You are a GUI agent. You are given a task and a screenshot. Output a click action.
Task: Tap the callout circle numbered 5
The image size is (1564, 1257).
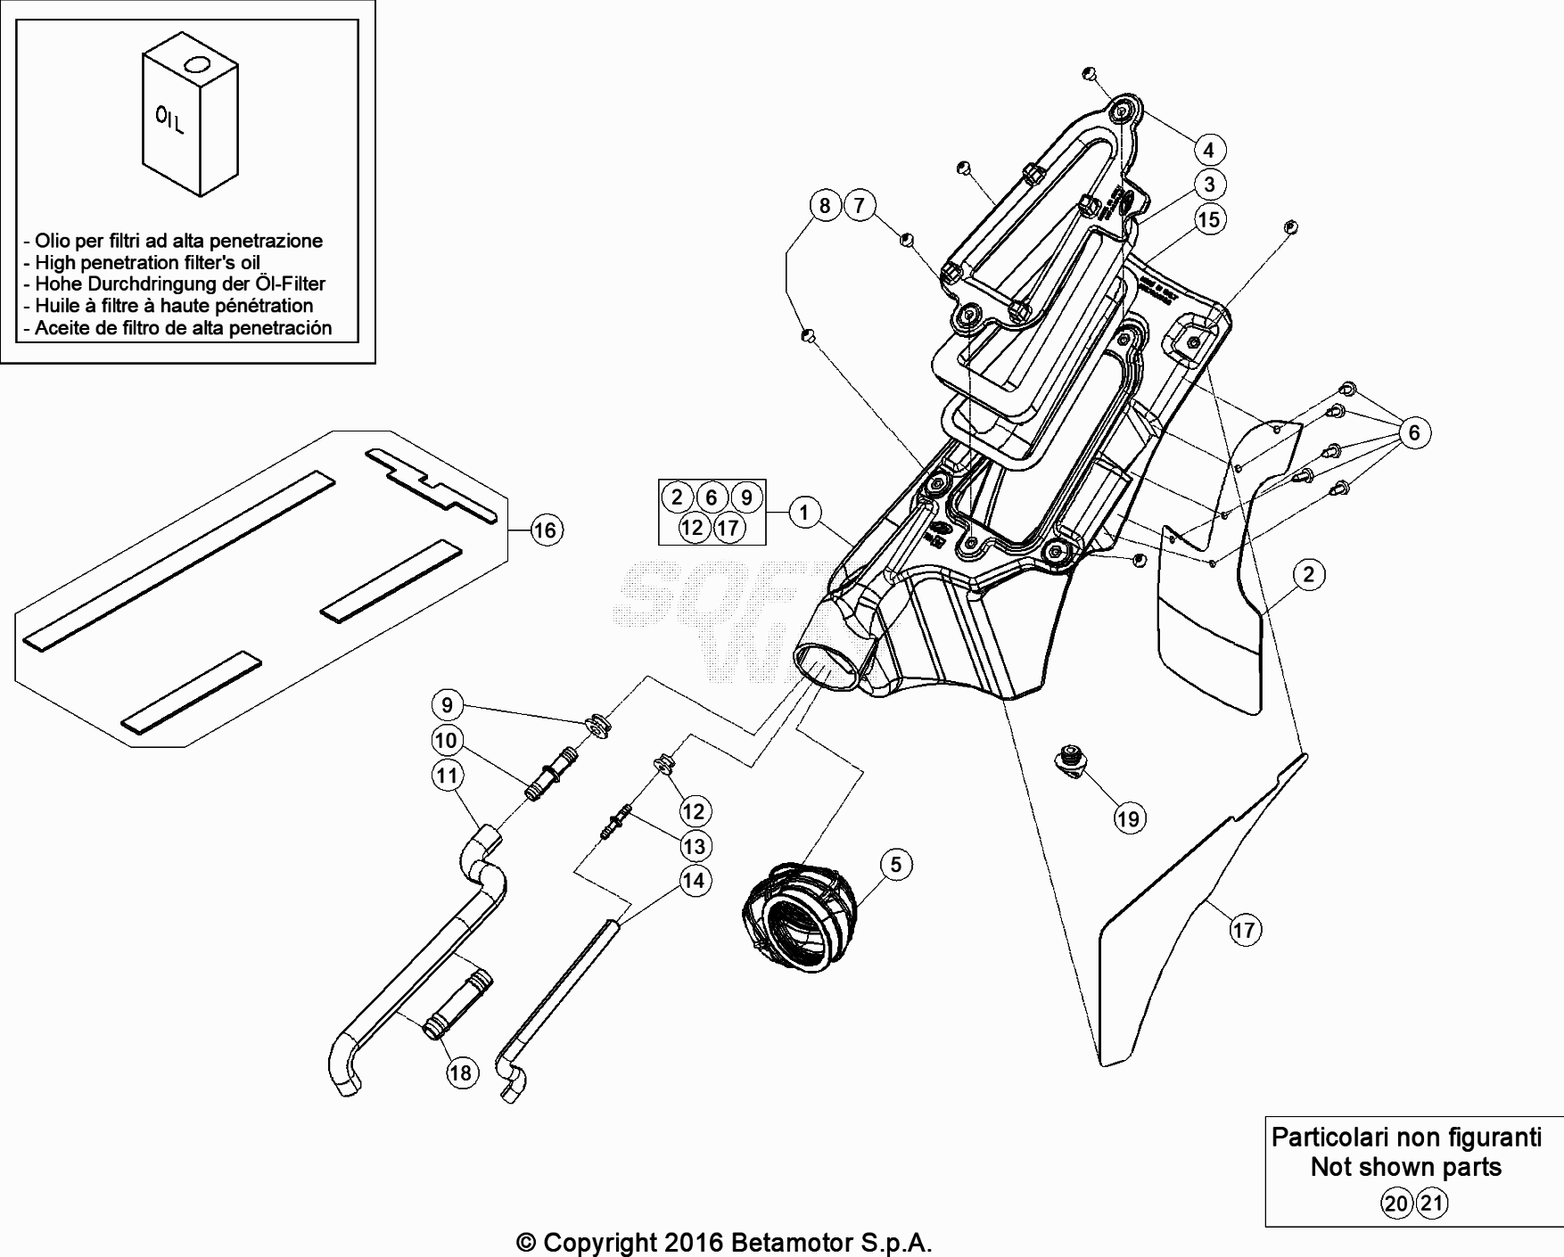(x=896, y=864)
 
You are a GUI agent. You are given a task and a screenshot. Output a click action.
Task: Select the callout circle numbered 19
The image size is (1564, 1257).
(x=1129, y=818)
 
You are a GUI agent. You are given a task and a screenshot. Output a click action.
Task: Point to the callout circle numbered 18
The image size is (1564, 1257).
(x=460, y=1072)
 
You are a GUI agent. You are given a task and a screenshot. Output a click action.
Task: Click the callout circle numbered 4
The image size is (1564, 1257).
(x=1209, y=150)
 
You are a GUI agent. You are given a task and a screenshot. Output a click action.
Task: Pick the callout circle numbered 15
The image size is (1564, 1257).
(x=1209, y=219)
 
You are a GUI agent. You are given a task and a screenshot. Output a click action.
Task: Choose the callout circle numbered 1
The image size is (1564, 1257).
(x=804, y=513)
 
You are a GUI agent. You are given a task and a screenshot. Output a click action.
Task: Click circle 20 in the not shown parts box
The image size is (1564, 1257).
(x=1396, y=1204)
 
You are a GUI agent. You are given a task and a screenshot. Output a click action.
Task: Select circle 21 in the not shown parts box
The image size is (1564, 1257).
(x=1432, y=1204)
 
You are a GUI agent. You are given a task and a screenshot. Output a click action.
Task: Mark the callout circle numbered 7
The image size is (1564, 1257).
(x=859, y=206)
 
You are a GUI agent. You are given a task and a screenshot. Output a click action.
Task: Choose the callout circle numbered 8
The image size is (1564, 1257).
(x=825, y=206)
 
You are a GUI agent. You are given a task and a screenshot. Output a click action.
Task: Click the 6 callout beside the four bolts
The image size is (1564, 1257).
(x=1414, y=433)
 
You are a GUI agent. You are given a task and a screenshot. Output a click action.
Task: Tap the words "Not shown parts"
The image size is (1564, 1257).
(x=1406, y=1167)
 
